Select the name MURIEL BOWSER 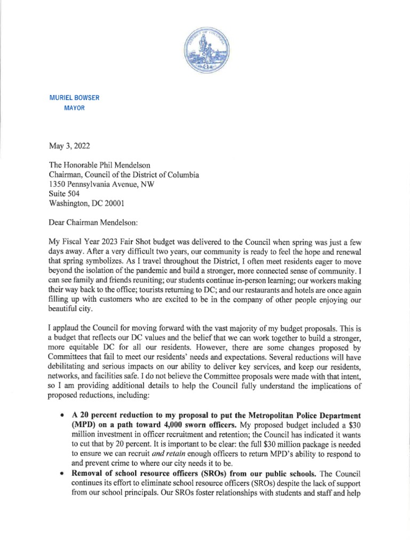74,98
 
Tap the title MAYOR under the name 74,108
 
